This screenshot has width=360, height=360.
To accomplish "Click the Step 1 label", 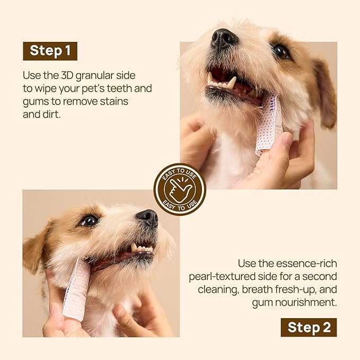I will point(50,51).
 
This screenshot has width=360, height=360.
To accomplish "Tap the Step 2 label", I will point(308,327).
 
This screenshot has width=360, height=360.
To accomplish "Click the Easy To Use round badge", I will point(180,189).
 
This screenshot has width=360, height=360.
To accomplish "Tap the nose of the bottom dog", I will point(147,217).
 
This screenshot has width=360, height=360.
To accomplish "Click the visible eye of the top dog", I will point(280,51).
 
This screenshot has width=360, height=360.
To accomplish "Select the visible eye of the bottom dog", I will point(88,220).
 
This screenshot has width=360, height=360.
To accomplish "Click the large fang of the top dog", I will point(231,82).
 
